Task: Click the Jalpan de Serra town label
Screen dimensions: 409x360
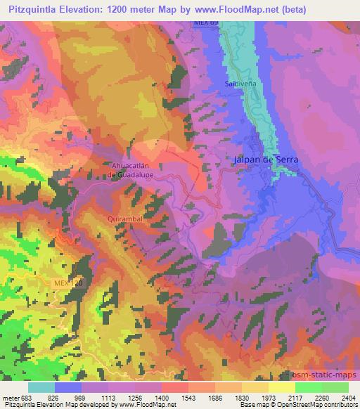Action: [266, 160]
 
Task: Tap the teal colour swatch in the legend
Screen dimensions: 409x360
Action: [41, 387]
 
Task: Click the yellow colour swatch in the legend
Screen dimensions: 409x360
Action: [281, 387]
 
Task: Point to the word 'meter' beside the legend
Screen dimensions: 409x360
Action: [13, 397]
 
